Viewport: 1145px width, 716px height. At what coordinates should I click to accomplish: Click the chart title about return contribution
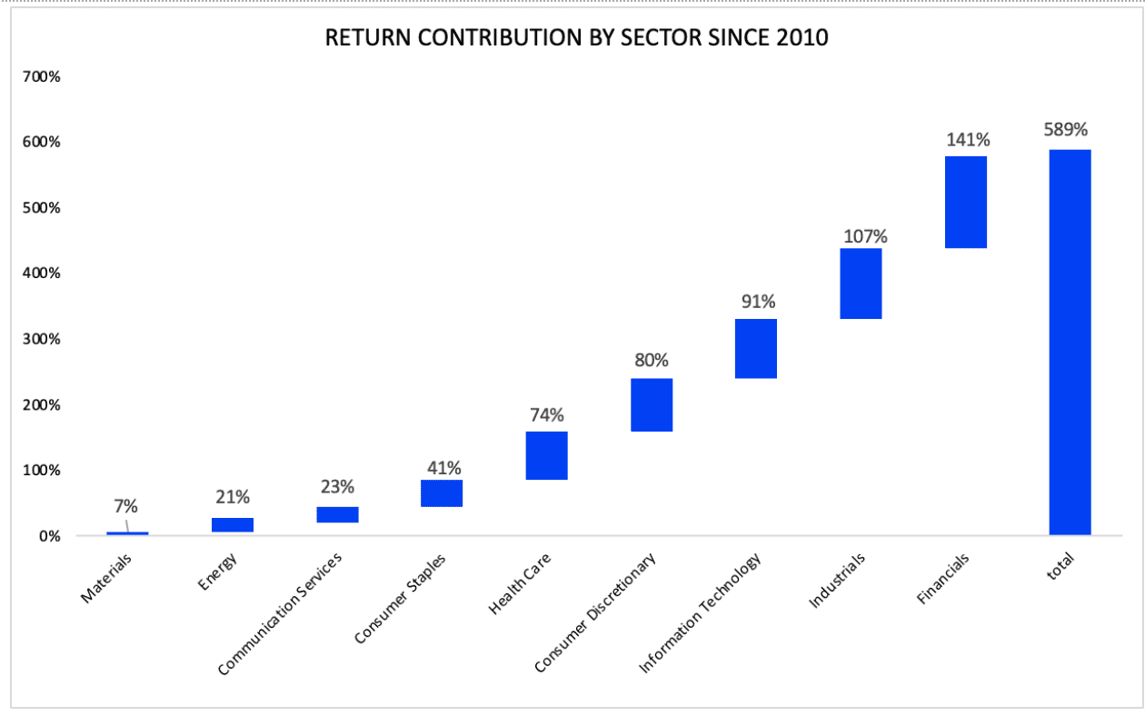(576, 38)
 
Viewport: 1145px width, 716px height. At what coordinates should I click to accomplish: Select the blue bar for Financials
(966, 203)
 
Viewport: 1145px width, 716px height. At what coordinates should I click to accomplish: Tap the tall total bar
(1070, 343)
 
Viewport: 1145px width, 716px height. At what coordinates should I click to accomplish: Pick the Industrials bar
(861, 283)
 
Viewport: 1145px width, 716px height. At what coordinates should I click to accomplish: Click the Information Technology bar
(756, 349)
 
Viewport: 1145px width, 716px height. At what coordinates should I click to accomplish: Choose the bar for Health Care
(546, 456)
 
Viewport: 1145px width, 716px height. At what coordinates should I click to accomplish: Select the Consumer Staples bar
(442, 493)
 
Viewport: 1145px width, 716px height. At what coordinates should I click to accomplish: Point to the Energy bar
(233, 525)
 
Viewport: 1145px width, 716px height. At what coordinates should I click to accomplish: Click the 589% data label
(1065, 130)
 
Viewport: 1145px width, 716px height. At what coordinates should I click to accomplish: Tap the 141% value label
(968, 140)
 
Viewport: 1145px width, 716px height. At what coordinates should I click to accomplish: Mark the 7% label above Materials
(125, 506)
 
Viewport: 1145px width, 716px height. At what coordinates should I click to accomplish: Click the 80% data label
(652, 361)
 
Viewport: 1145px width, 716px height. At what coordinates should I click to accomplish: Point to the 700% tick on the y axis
(42, 76)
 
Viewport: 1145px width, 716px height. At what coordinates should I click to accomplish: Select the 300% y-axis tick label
(42, 339)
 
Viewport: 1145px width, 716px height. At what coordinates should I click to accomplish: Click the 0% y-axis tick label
(50, 536)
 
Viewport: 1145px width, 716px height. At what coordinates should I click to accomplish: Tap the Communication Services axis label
(280, 614)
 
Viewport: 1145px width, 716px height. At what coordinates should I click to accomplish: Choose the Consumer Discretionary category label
(595, 612)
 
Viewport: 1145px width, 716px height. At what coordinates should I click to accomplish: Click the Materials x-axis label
(106, 579)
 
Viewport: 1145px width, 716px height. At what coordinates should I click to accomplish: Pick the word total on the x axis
(1060, 566)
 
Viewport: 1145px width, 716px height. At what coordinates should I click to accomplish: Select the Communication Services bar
(337, 514)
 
